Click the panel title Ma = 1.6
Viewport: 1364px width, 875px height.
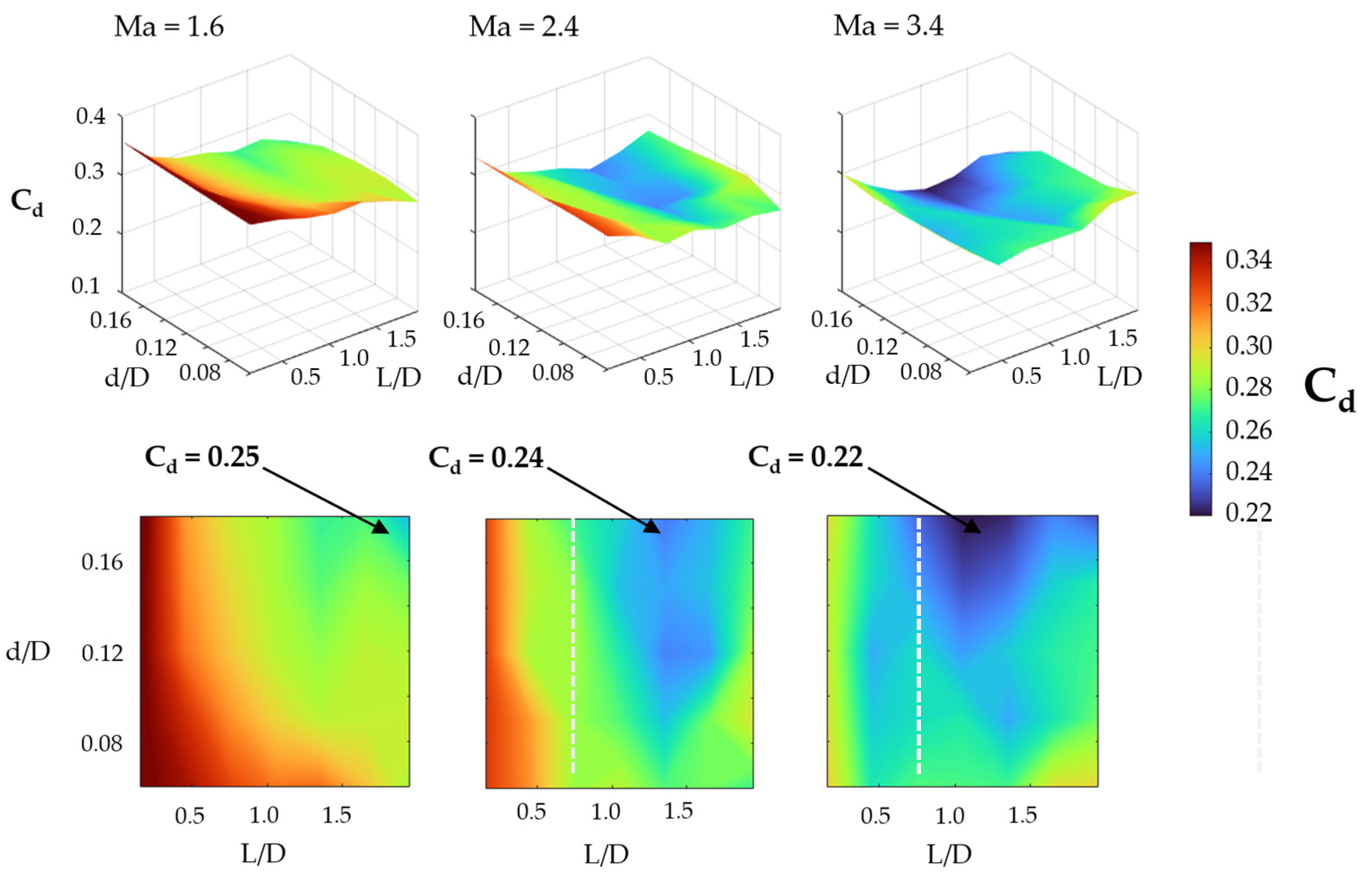tap(169, 27)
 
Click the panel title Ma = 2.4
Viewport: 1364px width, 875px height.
tap(523, 27)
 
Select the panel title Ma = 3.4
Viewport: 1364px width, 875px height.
tap(888, 26)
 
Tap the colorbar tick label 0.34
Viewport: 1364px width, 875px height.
tap(1248, 260)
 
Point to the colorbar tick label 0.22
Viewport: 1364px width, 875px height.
tap(1248, 512)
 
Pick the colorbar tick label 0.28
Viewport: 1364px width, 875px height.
tap(1248, 387)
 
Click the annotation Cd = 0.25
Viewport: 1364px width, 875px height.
tap(202, 458)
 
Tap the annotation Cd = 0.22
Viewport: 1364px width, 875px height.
tap(805, 458)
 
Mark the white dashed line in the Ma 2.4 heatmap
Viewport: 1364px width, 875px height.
tap(573, 648)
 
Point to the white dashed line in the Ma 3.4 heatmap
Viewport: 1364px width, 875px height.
tap(919, 648)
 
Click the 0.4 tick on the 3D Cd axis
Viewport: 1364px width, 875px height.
tap(91, 116)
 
